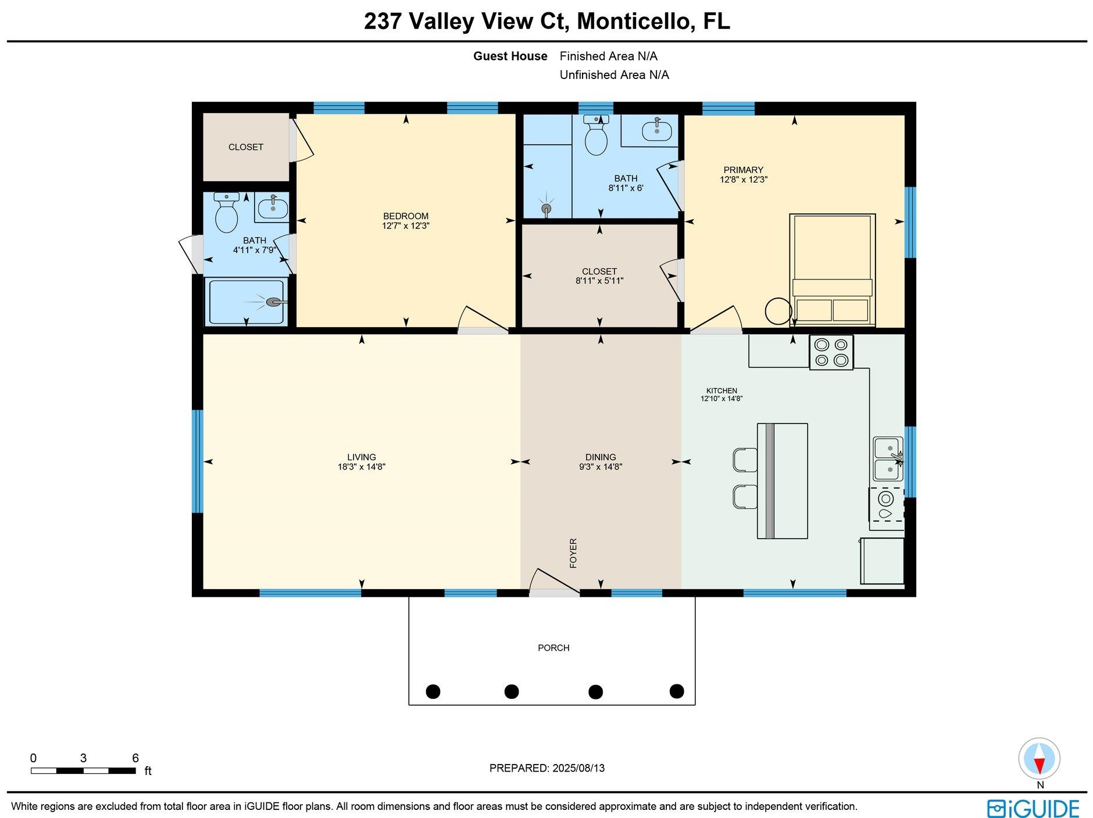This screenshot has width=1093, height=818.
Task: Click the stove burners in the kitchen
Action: (x=831, y=352)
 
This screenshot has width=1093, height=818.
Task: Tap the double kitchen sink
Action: (x=888, y=459)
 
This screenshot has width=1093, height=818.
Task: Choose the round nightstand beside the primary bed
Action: (x=778, y=311)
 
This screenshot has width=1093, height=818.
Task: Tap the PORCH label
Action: (x=553, y=648)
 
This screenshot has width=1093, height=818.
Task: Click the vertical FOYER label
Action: (x=573, y=553)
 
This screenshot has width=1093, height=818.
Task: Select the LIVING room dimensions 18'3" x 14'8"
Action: (x=362, y=467)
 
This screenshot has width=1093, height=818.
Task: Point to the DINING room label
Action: (x=601, y=457)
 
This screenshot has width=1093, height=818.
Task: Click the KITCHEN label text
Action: (x=721, y=390)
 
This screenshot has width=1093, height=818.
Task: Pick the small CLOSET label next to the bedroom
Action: (x=246, y=147)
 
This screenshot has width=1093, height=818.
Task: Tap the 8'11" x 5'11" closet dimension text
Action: (x=599, y=281)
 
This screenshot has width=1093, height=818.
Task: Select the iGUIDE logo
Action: (x=1033, y=808)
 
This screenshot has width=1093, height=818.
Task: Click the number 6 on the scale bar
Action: (x=135, y=758)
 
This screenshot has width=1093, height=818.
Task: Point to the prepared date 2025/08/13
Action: (x=578, y=768)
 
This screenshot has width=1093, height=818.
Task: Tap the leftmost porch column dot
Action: (x=433, y=691)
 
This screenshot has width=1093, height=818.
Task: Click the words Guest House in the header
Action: (x=510, y=56)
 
